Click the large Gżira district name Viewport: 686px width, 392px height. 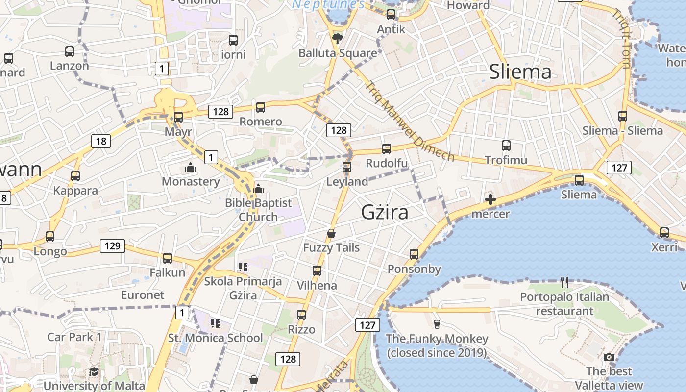(x=385, y=212)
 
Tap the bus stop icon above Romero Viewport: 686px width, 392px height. (x=261, y=107)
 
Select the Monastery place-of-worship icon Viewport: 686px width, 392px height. (x=191, y=168)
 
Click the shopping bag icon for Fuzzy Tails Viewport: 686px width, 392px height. (x=331, y=233)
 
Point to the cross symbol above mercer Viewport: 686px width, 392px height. (x=490, y=199)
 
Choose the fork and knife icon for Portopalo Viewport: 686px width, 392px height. (x=564, y=282)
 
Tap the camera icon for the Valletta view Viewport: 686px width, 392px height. (x=609, y=357)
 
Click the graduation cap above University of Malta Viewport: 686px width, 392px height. (x=94, y=372)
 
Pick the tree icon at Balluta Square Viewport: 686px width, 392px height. (x=337, y=38)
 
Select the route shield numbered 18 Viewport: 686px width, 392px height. (x=101, y=142)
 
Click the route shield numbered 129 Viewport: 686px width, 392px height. (x=112, y=245)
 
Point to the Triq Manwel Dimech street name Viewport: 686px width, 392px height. (x=410, y=121)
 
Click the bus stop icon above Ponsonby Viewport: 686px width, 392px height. (x=414, y=254)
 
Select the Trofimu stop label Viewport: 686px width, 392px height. (x=506, y=160)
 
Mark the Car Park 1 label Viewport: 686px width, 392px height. (x=74, y=337)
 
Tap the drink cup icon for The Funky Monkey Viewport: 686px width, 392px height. (x=437, y=324)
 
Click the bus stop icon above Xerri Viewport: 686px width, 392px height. (x=664, y=232)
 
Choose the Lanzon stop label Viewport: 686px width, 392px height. (x=70, y=66)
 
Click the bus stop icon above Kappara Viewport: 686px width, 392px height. (x=75, y=175)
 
